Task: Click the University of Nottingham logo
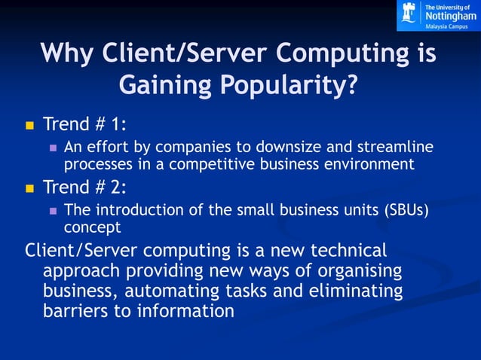437,15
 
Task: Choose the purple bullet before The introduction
53,211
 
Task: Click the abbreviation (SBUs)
405,209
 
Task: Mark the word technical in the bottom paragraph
335,250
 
